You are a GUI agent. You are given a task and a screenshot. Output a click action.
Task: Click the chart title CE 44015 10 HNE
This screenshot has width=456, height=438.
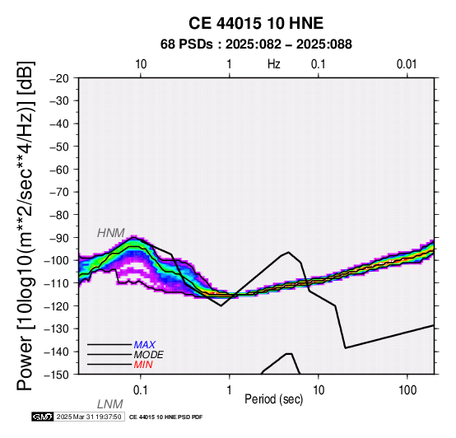click(x=256, y=23)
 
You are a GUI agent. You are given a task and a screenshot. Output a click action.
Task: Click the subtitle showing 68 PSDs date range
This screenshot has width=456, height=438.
click(x=256, y=44)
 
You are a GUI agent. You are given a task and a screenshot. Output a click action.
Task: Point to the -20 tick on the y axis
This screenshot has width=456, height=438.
click(x=59, y=78)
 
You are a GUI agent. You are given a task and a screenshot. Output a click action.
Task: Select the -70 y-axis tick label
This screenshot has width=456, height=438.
click(x=59, y=193)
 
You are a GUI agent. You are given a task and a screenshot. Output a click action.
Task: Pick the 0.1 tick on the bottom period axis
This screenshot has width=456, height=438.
click(x=141, y=390)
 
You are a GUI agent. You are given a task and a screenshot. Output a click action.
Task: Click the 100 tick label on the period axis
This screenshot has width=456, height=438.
click(x=407, y=390)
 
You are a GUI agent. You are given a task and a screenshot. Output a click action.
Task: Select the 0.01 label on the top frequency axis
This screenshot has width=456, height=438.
click(x=407, y=64)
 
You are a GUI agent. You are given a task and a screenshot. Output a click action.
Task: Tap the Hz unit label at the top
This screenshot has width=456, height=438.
click(x=274, y=64)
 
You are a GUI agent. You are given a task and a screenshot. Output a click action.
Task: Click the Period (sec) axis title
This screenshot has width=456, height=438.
click(x=273, y=399)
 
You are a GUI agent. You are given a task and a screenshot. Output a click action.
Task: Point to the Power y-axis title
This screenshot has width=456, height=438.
click(x=26, y=226)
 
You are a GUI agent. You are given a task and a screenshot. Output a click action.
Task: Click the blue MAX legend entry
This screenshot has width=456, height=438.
click(x=145, y=345)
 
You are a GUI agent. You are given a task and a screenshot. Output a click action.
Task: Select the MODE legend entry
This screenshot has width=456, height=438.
click(x=149, y=355)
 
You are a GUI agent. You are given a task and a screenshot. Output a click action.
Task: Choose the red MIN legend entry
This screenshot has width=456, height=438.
click(x=143, y=365)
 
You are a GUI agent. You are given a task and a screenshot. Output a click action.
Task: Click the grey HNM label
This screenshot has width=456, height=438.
click(x=111, y=233)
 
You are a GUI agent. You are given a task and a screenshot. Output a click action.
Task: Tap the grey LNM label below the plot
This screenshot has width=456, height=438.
click(x=110, y=404)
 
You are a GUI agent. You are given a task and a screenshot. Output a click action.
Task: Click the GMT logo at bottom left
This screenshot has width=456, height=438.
click(x=43, y=417)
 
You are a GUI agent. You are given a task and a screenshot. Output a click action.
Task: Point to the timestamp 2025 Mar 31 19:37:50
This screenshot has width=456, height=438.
click(x=89, y=417)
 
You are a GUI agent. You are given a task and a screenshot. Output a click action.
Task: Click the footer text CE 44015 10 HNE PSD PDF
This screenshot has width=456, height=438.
click(x=165, y=417)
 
